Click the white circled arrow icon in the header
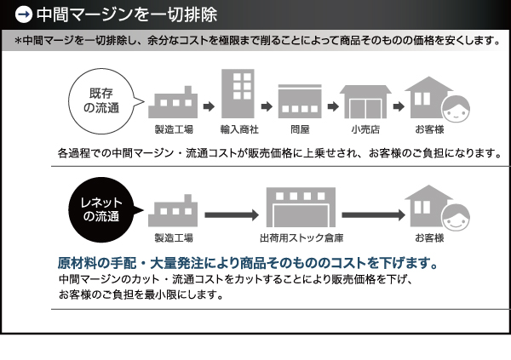[x=24, y=14]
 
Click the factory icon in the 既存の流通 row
[x=173, y=102]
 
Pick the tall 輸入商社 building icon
[x=238, y=94]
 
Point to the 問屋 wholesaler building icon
[x=300, y=101]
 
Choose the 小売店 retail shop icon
[x=365, y=101]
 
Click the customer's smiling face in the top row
[x=456, y=109]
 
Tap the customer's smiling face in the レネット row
[x=456, y=217]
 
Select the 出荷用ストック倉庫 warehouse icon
[x=301, y=207]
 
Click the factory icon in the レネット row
[x=173, y=210]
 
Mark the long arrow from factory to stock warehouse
[x=232, y=215]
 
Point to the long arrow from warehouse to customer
[x=373, y=215]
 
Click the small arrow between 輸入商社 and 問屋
[x=267, y=106]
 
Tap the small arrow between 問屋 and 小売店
[x=333, y=106]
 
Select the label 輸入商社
[x=239, y=129]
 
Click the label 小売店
[x=365, y=129]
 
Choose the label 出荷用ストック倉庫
[x=301, y=238]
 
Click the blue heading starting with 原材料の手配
[x=248, y=263]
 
